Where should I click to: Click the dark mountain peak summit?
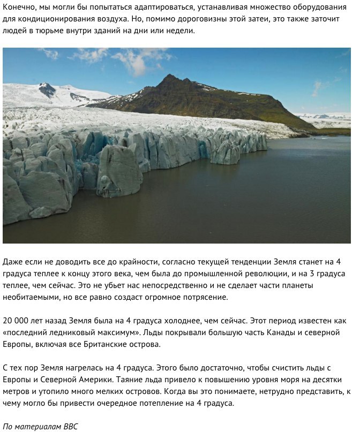click(171, 78)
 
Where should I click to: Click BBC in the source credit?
click(70, 427)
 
